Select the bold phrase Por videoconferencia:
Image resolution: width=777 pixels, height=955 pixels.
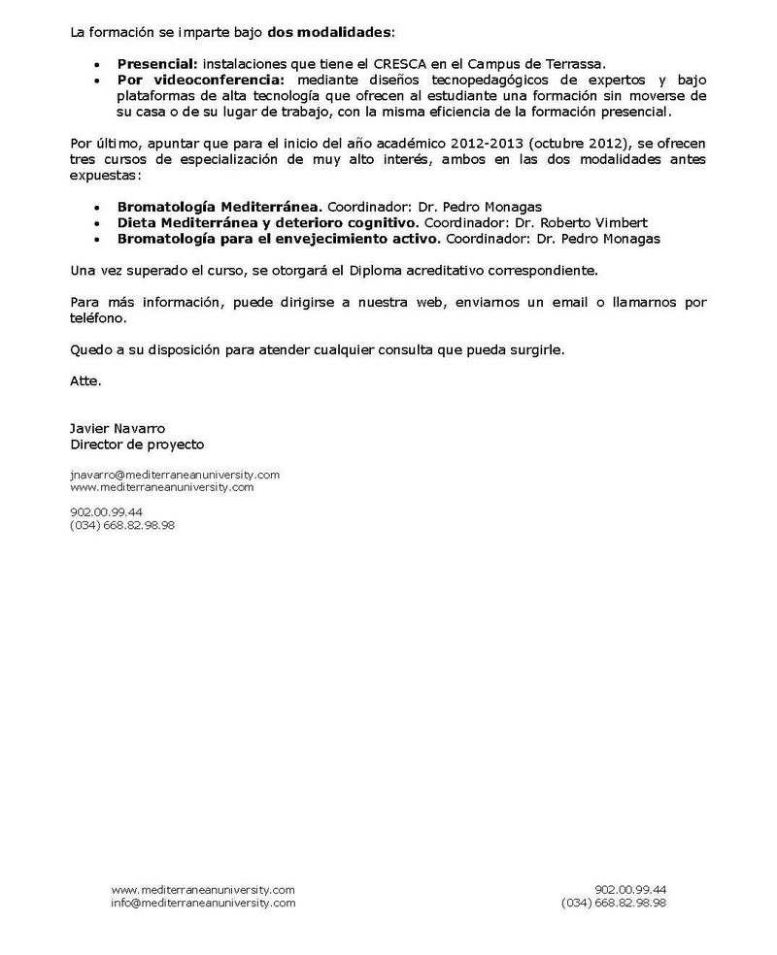[x=201, y=79]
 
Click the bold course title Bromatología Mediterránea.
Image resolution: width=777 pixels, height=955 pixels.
[x=219, y=208]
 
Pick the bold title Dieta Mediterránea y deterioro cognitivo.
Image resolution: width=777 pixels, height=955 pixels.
[x=261, y=223]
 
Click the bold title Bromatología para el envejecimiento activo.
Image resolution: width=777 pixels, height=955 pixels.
[x=279, y=239]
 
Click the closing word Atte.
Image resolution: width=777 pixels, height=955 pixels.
[x=85, y=381]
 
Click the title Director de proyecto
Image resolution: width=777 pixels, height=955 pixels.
[x=137, y=444]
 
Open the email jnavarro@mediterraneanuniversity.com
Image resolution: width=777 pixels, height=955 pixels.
[x=175, y=475]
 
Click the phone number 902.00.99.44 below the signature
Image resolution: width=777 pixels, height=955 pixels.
[x=106, y=511]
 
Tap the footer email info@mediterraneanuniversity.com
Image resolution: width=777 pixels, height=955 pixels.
[x=203, y=903]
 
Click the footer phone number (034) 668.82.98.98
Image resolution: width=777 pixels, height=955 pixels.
[x=613, y=903]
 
